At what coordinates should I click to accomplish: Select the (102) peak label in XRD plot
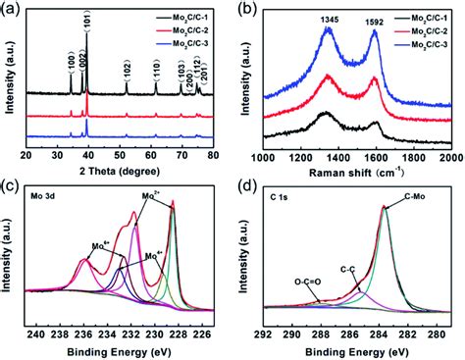click(x=127, y=68)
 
